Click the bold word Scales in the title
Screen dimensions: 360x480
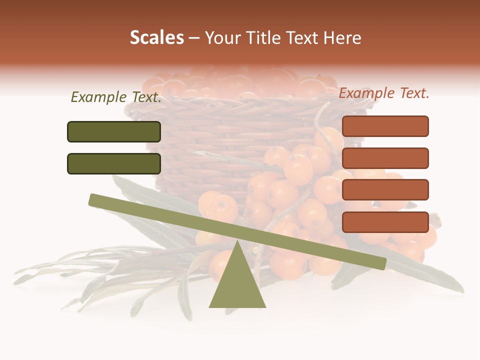point(156,38)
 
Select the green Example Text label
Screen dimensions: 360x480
point(116,97)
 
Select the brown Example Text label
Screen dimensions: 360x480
point(384,93)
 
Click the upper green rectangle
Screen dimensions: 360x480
point(114,131)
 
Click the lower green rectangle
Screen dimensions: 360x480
point(114,163)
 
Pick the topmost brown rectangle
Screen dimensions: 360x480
point(385,126)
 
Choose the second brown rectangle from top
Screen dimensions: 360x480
point(385,158)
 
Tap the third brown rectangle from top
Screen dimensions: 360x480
point(385,190)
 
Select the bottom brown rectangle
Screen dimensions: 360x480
point(385,222)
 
